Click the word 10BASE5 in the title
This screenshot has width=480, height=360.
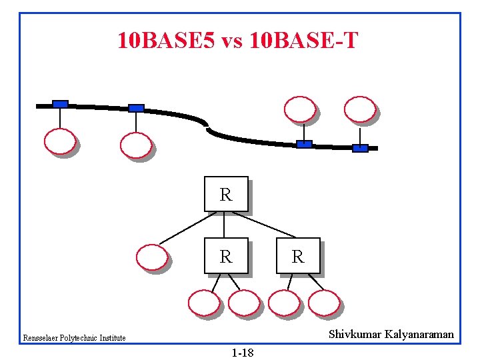click(x=166, y=41)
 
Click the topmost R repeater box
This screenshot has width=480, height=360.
click(x=226, y=194)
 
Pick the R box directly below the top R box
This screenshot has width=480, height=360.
click(x=226, y=256)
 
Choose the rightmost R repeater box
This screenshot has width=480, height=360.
click(x=297, y=256)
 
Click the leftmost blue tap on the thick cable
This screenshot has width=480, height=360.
click(x=60, y=104)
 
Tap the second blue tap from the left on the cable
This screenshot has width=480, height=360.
click(x=136, y=108)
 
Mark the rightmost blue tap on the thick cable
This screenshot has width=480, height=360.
click(x=360, y=148)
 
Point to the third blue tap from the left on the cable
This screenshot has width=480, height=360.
click(x=304, y=143)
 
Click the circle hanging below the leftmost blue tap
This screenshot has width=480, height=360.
click(x=59, y=141)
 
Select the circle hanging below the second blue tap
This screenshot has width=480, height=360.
click(x=135, y=145)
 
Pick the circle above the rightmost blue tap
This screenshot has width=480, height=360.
click(x=359, y=109)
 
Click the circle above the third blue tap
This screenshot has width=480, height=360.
click(x=300, y=109)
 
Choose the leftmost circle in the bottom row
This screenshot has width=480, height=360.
click(x=203, y=303)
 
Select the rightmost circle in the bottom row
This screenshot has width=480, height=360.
click(x=324, y=303)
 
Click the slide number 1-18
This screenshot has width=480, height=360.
click(x=243, y=352)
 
